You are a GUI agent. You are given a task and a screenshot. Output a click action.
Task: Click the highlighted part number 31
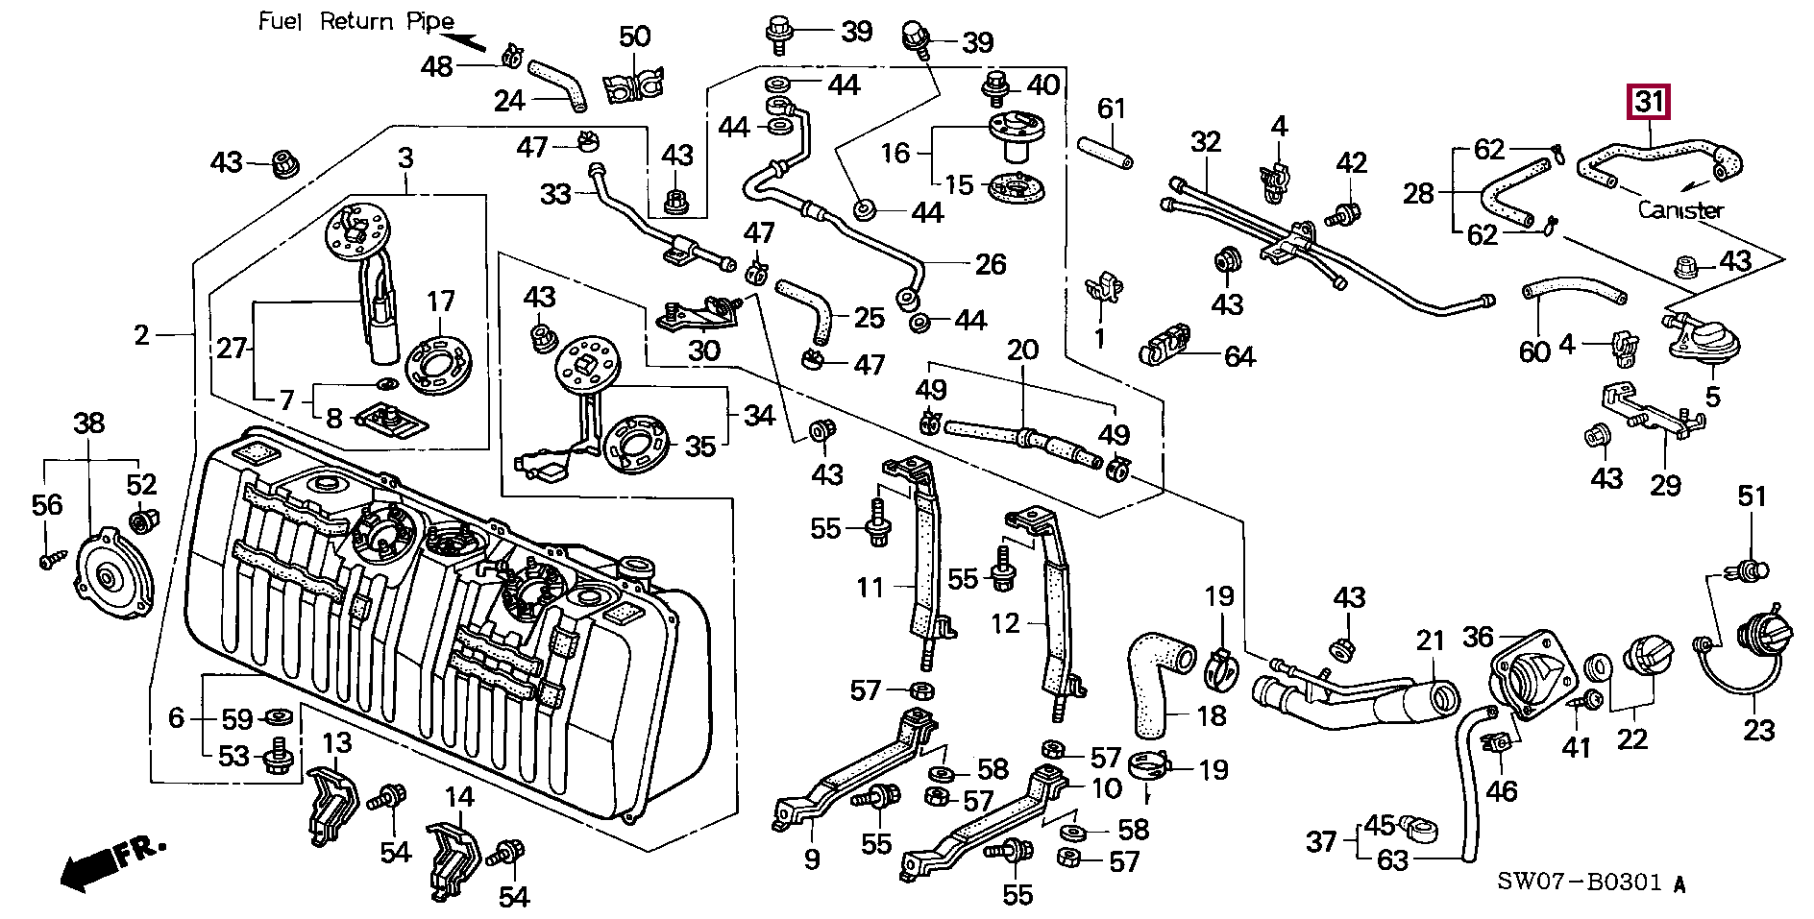point(1649,101)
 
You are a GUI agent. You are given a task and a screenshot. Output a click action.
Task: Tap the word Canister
point(1679,209)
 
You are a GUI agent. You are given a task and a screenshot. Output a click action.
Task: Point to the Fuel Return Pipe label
point(355,21)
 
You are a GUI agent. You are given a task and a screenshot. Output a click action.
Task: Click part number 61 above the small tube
point(1111,109)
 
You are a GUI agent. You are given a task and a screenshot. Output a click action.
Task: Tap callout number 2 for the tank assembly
point(142,334)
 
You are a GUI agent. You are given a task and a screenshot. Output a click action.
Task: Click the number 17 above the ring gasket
point(440,302)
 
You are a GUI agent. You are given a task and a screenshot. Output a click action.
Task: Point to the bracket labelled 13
point(331,802)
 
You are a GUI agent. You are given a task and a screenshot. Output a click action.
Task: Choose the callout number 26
point(990,264)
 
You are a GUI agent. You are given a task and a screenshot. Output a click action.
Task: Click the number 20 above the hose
point(1022,350)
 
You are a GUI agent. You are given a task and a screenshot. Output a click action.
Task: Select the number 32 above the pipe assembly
point(1205,142)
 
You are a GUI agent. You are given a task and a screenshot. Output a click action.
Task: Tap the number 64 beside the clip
point(1239,357)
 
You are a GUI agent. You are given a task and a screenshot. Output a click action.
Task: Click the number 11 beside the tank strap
point(870,587)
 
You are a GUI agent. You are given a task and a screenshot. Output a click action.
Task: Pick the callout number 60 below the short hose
point(1534,351)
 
